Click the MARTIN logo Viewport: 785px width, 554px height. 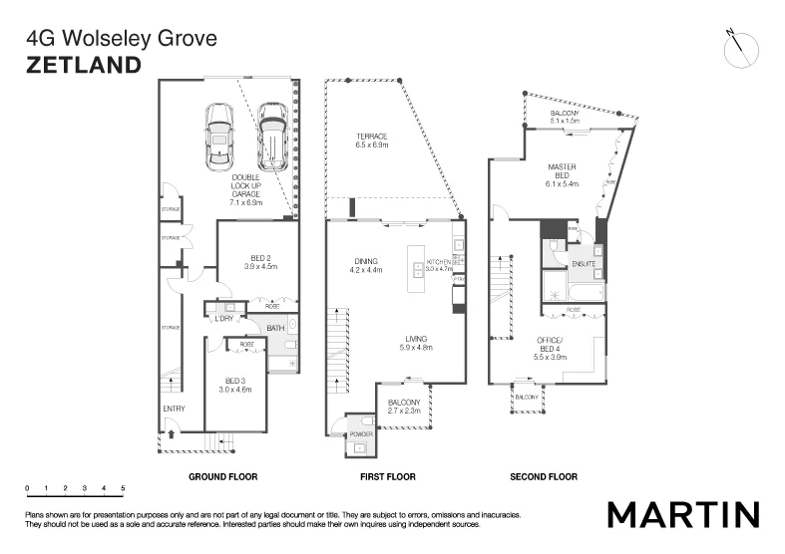683,514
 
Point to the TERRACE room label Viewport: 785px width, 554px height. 371,137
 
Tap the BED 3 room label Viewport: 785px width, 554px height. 234,381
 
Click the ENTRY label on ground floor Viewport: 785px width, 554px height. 174,409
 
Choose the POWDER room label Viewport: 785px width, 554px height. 361,435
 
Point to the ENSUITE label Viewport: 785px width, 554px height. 583,264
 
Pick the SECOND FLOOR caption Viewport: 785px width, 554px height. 544,477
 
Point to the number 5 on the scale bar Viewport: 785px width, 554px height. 123,487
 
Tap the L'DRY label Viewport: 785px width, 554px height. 224,318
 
